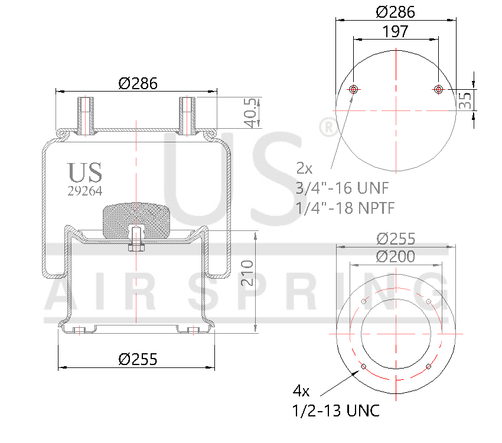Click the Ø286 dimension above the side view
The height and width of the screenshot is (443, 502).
tap(138, 83)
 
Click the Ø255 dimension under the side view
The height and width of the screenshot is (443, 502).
tap(138, 359)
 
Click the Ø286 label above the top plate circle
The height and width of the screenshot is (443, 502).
tap(395, 11)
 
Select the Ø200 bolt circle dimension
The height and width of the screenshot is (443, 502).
tap(395, 256)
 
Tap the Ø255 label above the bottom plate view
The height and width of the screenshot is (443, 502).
tap(395, 239)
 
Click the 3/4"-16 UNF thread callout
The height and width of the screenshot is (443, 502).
tap(341, 188)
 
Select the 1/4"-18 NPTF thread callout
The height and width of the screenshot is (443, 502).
tap(345, 208)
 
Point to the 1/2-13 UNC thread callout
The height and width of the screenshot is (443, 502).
tap(335, 411)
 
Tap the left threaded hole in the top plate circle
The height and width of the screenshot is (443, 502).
tap(353, 89)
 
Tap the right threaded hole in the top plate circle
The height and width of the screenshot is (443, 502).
tap(438, 89)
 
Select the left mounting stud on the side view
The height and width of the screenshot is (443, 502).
tap(86, 115)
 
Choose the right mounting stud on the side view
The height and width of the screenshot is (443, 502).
tap(187, 115)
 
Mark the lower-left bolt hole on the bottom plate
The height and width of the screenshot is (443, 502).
tap(363, 367)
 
